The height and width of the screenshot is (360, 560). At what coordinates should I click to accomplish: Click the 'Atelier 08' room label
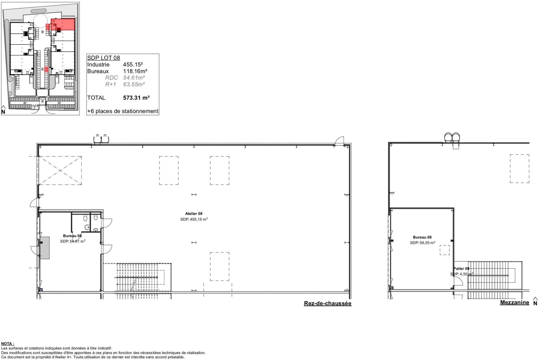coord(194,214)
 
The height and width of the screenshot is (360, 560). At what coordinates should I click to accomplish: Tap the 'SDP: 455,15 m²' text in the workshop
coord(194,220)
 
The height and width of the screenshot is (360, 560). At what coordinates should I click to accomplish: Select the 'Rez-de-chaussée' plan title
coord(328,303)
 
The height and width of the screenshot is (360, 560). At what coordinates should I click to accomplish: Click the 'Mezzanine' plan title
coord(514,303)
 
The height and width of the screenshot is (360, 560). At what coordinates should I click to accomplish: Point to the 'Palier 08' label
coord(461,269)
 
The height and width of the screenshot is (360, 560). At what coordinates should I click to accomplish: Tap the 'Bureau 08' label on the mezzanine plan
coord(422,237)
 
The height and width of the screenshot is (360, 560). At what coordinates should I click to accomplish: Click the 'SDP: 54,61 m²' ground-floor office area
coord(73,241)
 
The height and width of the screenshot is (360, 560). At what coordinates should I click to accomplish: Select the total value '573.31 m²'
coord(136,98)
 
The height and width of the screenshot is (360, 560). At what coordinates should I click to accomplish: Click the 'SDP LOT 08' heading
coord(104,58)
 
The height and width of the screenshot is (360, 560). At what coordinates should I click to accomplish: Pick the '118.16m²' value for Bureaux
coord(135,71)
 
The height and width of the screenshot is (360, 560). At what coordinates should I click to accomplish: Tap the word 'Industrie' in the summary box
coord(98,64)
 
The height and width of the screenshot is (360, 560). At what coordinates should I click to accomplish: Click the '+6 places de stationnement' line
coord(123,111)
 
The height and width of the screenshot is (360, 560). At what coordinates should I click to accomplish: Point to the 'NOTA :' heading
coord(7,344)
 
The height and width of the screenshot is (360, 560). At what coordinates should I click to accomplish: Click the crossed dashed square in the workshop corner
coord(60,171)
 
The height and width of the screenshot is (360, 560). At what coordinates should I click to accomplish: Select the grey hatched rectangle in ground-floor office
coord(45,248)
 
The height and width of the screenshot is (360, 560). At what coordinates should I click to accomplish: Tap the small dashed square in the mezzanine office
coord(445,250)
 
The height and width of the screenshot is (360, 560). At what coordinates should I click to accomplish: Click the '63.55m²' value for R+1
coord(134,84)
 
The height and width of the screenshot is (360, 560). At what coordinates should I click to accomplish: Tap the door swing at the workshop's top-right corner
coord(339,140)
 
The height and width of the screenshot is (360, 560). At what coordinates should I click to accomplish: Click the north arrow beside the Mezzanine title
coord(535,302)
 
